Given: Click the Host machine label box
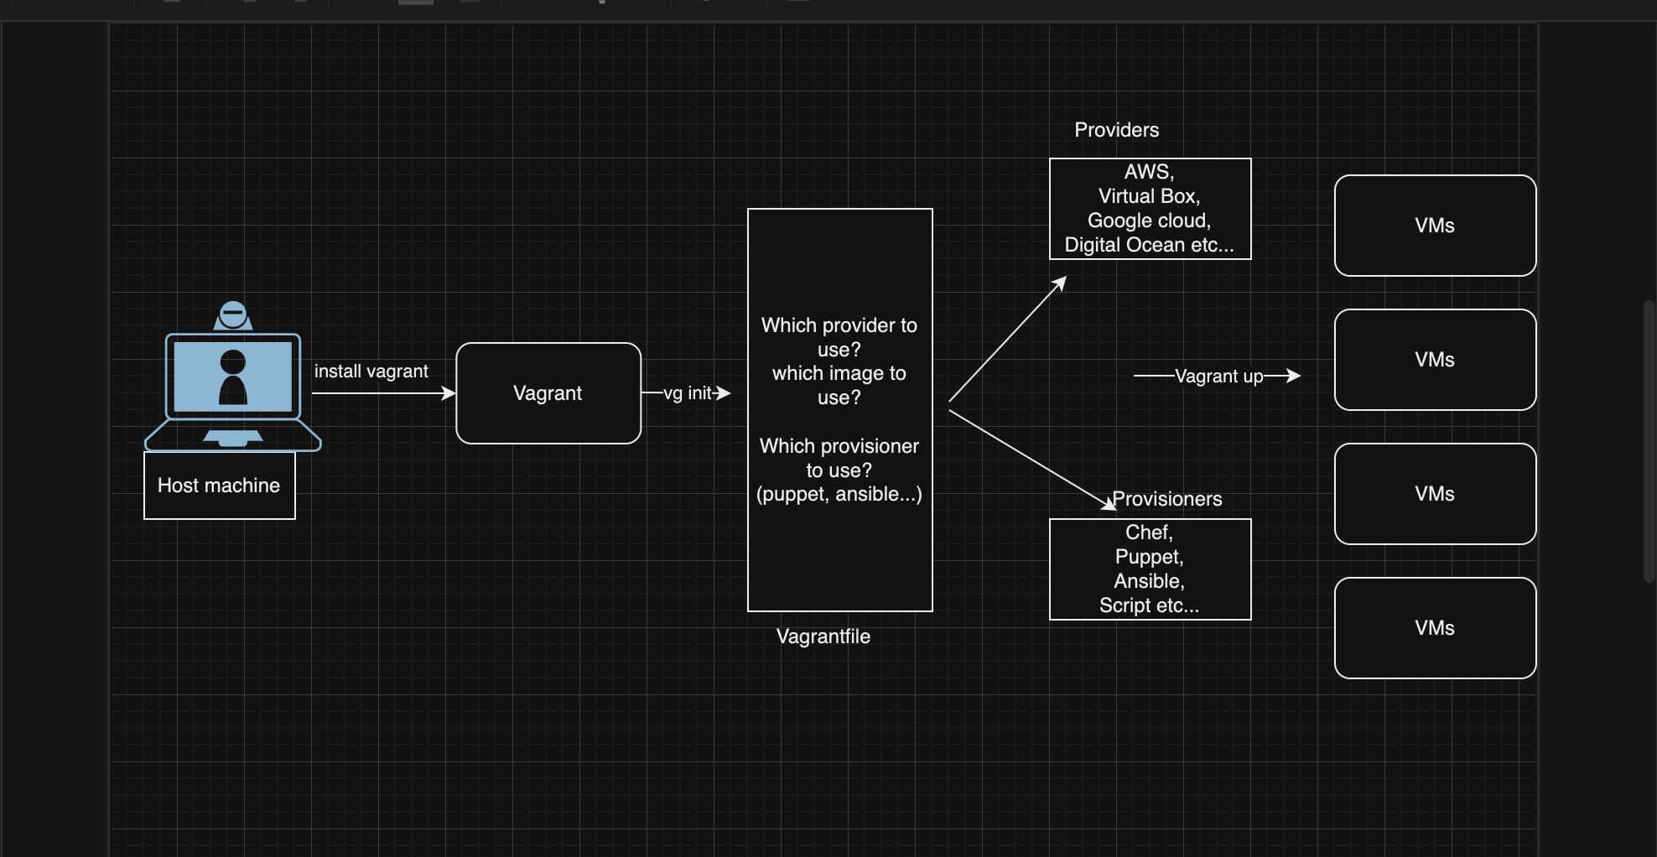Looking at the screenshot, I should pos(219,486).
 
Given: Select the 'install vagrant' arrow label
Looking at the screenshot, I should pos(371,371).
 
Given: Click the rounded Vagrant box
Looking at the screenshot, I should pos(548,393).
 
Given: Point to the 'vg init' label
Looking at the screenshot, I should pos(687,393).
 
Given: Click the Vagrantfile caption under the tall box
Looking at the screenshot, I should pos(823,636).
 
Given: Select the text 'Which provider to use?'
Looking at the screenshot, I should pos(839,337).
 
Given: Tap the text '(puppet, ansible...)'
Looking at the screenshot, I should pos(839,495).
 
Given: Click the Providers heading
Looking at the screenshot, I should pos(1116,130).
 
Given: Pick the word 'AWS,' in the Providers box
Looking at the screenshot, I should pos(1149,172).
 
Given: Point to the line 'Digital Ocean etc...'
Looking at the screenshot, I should pos(1149,245).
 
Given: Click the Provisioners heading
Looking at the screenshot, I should pos(1167,499).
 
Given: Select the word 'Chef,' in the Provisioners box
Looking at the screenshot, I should pos(1149,532).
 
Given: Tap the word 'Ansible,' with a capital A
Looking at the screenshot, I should pos(1149,581).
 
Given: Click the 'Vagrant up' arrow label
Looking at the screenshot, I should pos(1218,377).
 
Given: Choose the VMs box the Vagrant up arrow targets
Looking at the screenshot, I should pos(1435,360).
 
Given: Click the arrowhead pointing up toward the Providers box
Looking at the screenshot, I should pos(1060,283).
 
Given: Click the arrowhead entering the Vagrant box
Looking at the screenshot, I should pos(449,393).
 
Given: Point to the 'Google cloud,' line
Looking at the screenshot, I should pos(1149,221).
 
